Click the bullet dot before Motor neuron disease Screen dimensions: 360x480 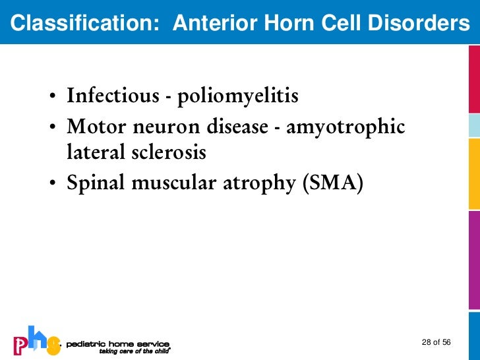51,127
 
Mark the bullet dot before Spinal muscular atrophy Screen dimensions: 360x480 51,185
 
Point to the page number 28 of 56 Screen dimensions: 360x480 436,342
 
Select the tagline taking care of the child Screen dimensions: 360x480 135,351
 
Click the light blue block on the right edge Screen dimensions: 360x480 473,125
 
